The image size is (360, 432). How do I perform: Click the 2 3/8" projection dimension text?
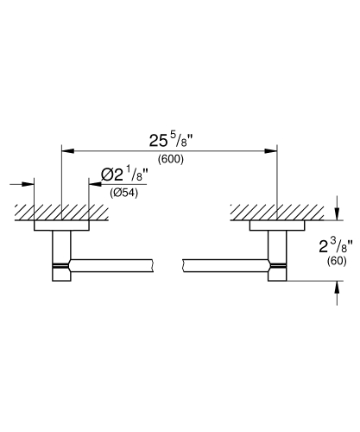point(333,245)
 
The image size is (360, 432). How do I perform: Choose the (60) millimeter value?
point(337,260)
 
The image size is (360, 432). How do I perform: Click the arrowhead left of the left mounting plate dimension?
point(28,183)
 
